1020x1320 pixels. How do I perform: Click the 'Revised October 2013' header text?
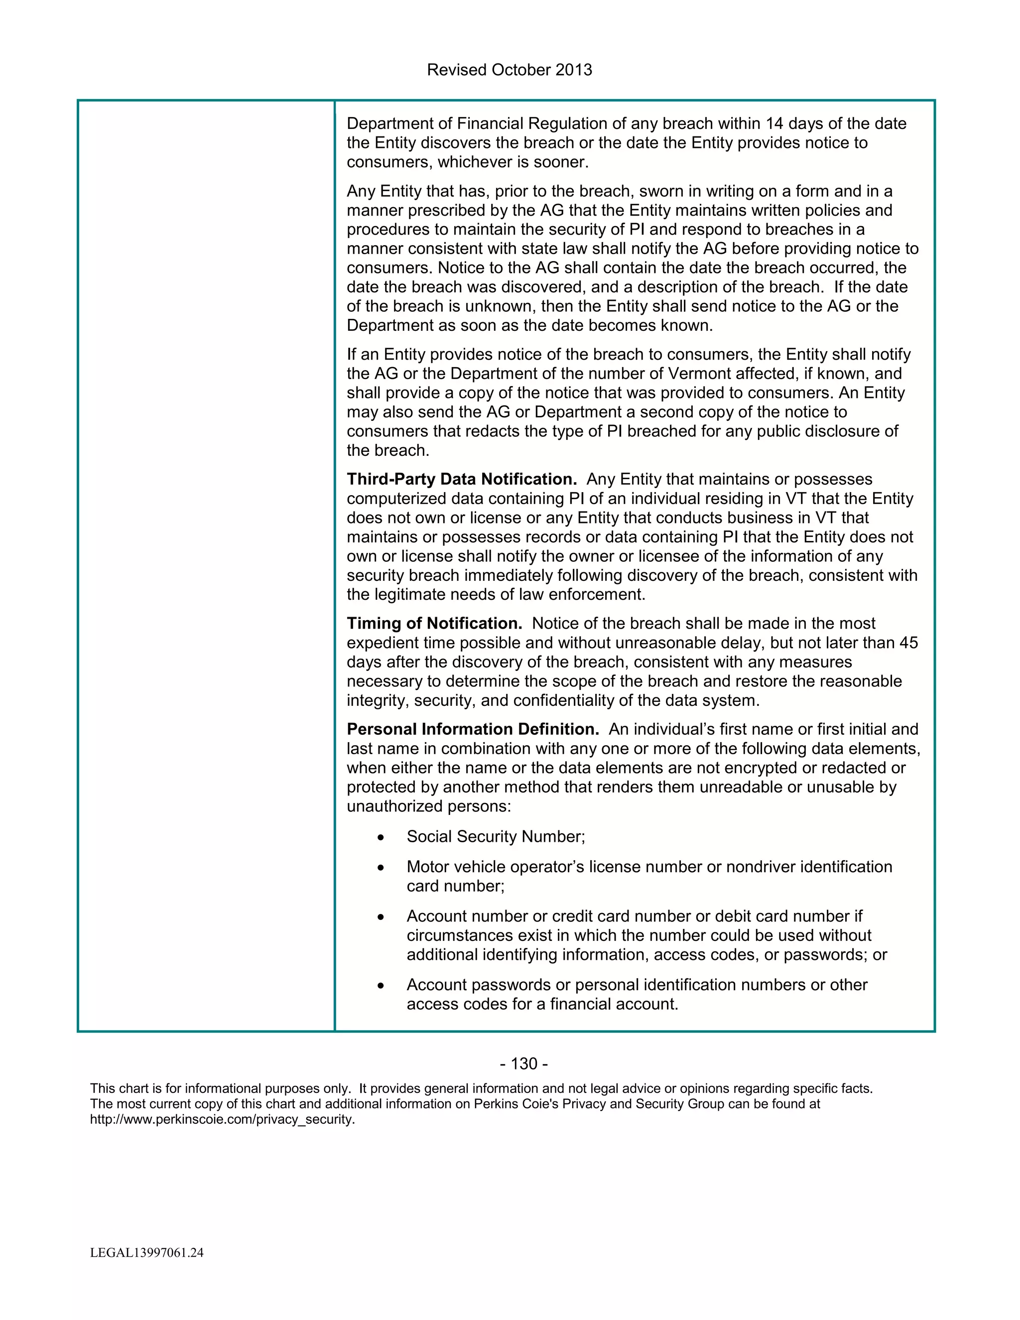click(x=510, y=70)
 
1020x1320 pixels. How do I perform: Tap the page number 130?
click(x=524, y=1064)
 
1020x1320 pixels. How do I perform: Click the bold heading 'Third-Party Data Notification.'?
click(x=462, y=479)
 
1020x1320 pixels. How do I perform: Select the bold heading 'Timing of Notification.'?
click(x=434, y=623)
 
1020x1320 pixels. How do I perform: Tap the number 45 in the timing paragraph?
click(x=908, y=643)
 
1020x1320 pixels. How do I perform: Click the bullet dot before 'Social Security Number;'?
click(x=380, y=838)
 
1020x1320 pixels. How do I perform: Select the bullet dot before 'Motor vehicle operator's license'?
click(x=380, y=868)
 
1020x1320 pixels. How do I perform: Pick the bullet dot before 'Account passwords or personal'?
click(x=380, y=986)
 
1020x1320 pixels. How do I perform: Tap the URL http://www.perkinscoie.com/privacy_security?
click(x=222, y=1119)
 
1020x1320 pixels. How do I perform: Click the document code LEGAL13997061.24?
click(x=147, y=1253)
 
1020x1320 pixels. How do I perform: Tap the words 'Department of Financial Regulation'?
click(x=477, y=124)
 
